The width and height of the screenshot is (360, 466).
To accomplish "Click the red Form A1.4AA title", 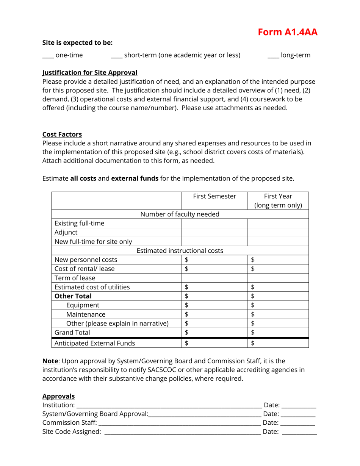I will click(288, 32).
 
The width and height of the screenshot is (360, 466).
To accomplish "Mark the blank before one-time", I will click(48, 56).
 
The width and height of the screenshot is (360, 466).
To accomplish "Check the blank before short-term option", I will click(116, 56).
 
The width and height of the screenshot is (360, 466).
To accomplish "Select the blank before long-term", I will click(273, 56).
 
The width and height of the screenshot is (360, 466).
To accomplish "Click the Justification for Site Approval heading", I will click(90, 72).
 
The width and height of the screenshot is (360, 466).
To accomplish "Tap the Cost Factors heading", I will click(62, 134).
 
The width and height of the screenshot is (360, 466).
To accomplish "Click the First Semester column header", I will click(214, 196).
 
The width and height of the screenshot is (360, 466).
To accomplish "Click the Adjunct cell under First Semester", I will click(214, 232).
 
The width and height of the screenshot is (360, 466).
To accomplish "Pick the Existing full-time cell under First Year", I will click(278, 223).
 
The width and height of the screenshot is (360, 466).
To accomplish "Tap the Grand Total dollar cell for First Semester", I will click(214, 333).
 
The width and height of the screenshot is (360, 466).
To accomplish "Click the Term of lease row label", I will click(75, 278).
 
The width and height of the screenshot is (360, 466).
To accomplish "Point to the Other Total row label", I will click(73, 296).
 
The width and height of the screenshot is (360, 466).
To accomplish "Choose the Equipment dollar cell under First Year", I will click(278, 305).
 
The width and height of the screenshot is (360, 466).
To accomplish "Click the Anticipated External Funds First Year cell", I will click(278, 343).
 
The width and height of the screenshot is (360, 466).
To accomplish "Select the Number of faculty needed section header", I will click(180, 214).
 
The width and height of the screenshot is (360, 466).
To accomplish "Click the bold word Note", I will click(50, 361).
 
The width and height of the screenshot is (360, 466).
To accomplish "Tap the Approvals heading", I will click(58, 396).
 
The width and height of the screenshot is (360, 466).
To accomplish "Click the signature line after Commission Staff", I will click(180, 424).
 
